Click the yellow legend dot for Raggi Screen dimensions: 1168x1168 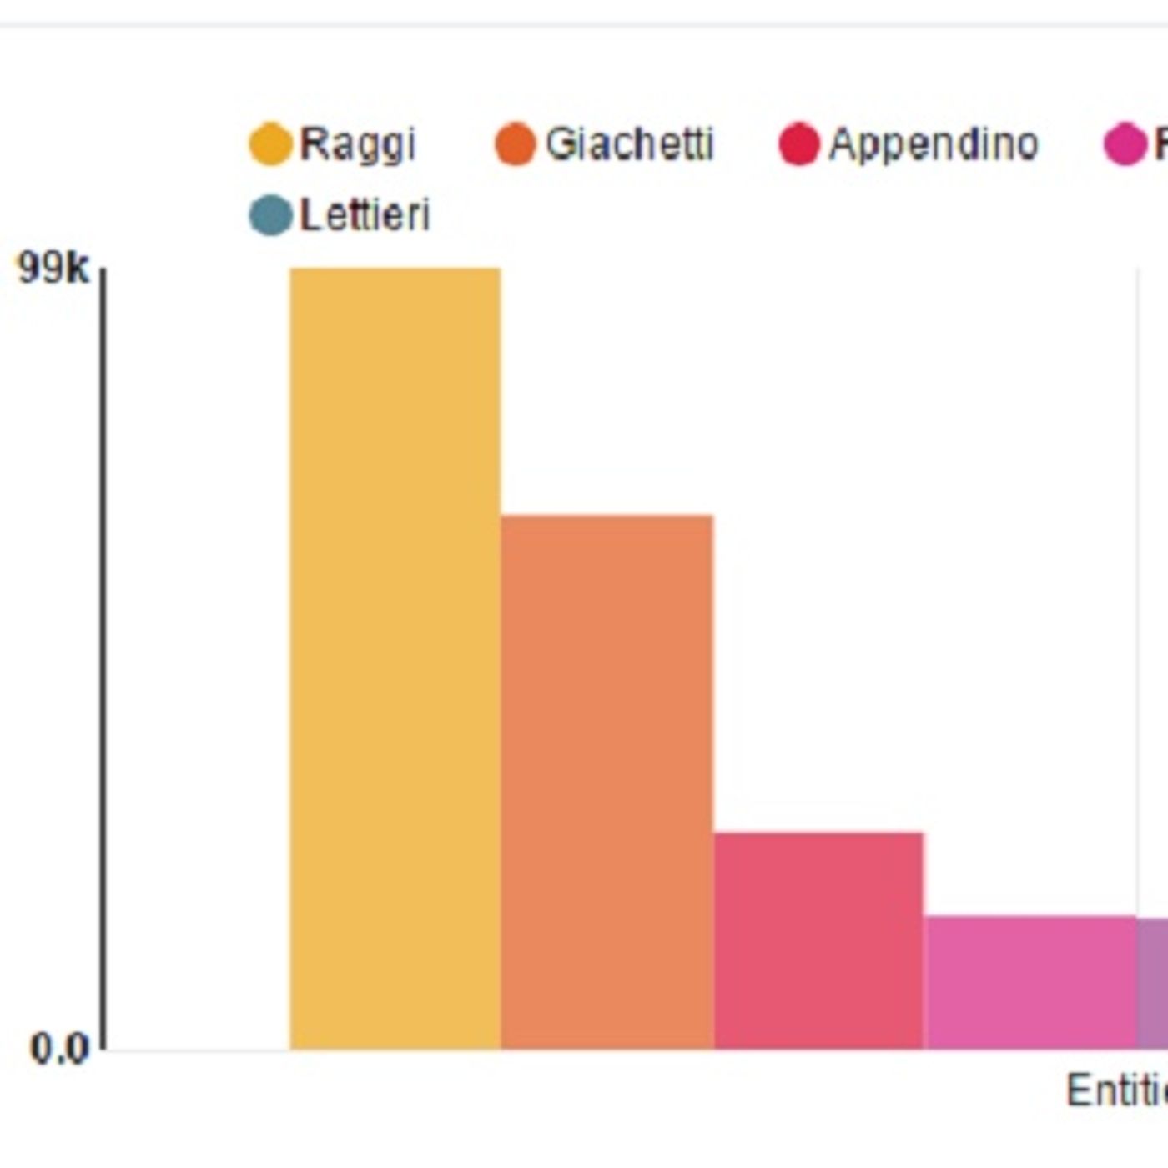click(x=271, y=144)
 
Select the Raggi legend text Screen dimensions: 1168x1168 click(x=357, y=144)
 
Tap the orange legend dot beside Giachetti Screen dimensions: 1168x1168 click(x=515, y=144)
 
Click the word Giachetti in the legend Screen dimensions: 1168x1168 click(x=630, y=144)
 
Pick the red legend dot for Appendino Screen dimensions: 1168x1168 click(x=798, y=144)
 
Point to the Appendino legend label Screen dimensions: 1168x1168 click(x=934, y=144)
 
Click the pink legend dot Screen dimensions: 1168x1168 click(x=1125, y=144)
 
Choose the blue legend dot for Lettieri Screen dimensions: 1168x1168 click(x=271, y=215)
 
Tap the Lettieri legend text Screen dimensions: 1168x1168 click(x=365, y=215)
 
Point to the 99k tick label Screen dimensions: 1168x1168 click(x=53, y=269)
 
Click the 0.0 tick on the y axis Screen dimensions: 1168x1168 click(x=58, y=1048)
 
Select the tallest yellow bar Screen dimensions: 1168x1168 click(x=395, y=659)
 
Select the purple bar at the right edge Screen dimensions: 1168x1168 click(x=1153, y=984)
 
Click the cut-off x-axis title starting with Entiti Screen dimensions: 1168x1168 click(x=1116, y=1090)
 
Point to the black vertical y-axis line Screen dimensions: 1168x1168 click(x=103, y=659)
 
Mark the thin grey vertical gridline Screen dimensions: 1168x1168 click(x=1137, y=584)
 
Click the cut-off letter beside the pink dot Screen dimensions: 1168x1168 click(x=1160, y=144)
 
